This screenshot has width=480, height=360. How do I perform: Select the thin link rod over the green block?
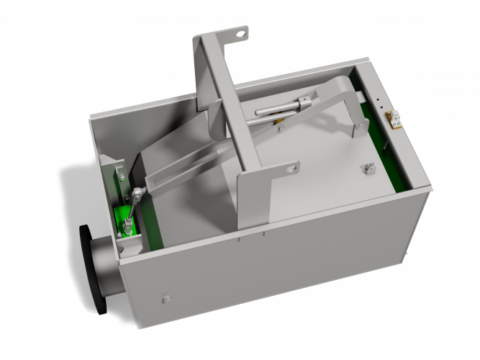click(x=130, y=208)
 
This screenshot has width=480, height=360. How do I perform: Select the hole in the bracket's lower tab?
click(x=291, y=170)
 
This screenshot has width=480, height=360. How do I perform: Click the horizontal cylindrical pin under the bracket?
click(x=277, y=109)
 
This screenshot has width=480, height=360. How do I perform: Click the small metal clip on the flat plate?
click(x=371, y=169)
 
